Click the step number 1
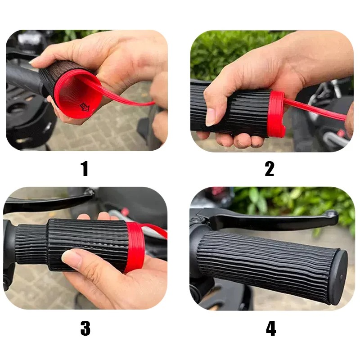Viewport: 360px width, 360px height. [x=85, y=169]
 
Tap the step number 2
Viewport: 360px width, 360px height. [x=270, y=169]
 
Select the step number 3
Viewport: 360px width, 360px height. [x=85, y=328]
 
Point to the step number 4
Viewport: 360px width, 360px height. [x=271, y=328]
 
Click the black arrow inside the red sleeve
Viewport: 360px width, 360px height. [x=85, y=107]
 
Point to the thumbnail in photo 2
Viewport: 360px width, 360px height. [x=210, y=117]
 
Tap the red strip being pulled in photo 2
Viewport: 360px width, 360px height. [x=315, y=109]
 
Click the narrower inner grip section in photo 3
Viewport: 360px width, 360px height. [x=31, y=244]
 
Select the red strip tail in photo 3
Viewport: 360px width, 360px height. [x=154, y=230]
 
